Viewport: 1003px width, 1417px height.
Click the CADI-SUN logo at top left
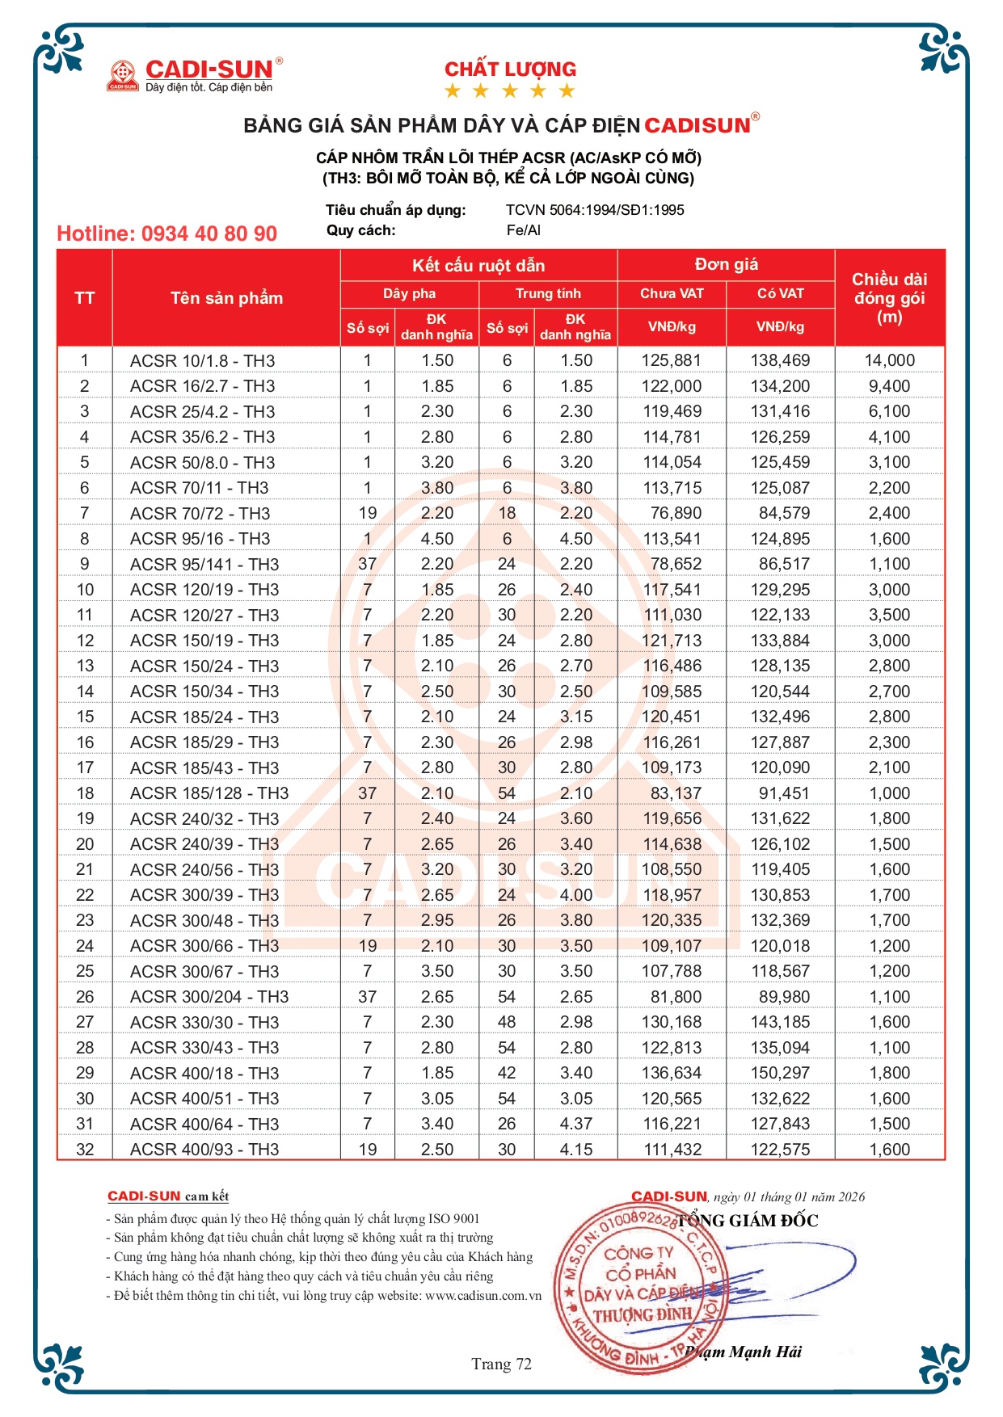[x=195, y=74]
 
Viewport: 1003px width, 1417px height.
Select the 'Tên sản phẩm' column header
[x=226, y=298]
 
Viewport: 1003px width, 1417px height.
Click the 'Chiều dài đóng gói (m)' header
[x=889, y=298]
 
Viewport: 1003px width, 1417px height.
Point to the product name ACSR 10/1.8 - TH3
[x=202, y=361]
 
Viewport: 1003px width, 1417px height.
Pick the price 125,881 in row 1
[x=672, y=361]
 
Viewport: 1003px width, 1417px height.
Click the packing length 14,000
[x=889, y=361]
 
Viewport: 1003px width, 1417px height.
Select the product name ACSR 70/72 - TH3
[x=200, y=514]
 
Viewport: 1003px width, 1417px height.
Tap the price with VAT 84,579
[x=780, y=514]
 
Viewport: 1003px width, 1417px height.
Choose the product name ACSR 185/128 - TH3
[x=209, y=793]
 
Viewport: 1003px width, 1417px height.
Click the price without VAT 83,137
[x=676, y=793]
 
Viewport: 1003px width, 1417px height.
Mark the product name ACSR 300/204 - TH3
[x=209, y=997]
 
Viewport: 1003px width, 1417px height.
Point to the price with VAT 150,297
[x=780, y=1073]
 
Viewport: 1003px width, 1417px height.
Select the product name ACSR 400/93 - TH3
[x=204, y=1150]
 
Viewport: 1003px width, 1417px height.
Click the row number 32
[x=85, y=1150]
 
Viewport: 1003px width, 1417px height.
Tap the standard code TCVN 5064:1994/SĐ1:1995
[x=595, y=210]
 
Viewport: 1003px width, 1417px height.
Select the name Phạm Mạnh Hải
[x=744, y=1352]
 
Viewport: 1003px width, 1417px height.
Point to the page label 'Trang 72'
[x=501, y=1364]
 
